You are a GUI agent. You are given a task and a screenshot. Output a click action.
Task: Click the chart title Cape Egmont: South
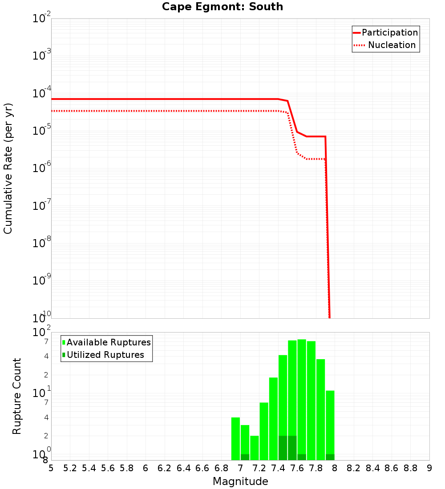pos(222,7)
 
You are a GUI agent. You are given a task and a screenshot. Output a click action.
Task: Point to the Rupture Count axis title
pos(17,396)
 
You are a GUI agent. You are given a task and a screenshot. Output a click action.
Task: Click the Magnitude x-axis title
pos(240,481)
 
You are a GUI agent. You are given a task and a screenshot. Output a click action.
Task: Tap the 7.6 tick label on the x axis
pos(297,468)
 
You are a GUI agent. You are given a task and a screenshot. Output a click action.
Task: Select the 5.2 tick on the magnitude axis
pos(70,468)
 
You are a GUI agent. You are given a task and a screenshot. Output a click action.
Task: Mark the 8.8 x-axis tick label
pos(410,468)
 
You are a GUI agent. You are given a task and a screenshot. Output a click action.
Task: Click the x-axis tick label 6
pos(146,468)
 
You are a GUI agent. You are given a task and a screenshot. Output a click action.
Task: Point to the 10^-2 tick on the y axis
pos(42,19)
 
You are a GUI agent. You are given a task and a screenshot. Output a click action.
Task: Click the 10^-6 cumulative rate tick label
pos(42,168)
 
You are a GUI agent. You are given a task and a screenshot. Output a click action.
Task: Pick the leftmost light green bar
pos(235,438)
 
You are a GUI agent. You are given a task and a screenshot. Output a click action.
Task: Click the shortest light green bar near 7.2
pos(255,447)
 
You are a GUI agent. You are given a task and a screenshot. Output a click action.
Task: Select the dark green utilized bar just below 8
pos(330,457)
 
